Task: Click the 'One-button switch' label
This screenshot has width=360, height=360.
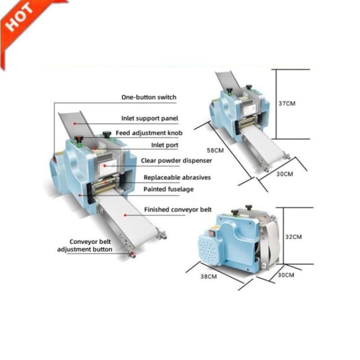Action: click(148, 97)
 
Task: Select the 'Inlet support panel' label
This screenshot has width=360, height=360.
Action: click(150, 118)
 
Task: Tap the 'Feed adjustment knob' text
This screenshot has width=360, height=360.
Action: click(149, 133)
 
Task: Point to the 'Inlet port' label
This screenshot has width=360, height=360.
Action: click(164, 145)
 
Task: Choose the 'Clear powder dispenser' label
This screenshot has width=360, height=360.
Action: click(176, 160)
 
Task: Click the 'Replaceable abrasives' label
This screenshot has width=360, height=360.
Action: click(177, 177)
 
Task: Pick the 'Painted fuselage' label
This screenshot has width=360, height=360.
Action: click(168, 189)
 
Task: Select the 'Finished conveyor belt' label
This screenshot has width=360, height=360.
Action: click(178, 209)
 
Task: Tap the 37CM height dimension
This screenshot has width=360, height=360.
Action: click(287, 103)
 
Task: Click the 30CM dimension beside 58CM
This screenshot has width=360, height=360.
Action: click(284, 174)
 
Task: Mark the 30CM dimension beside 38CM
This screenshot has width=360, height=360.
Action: click(286, 274)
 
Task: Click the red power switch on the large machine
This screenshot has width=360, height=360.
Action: click(55, 158)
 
